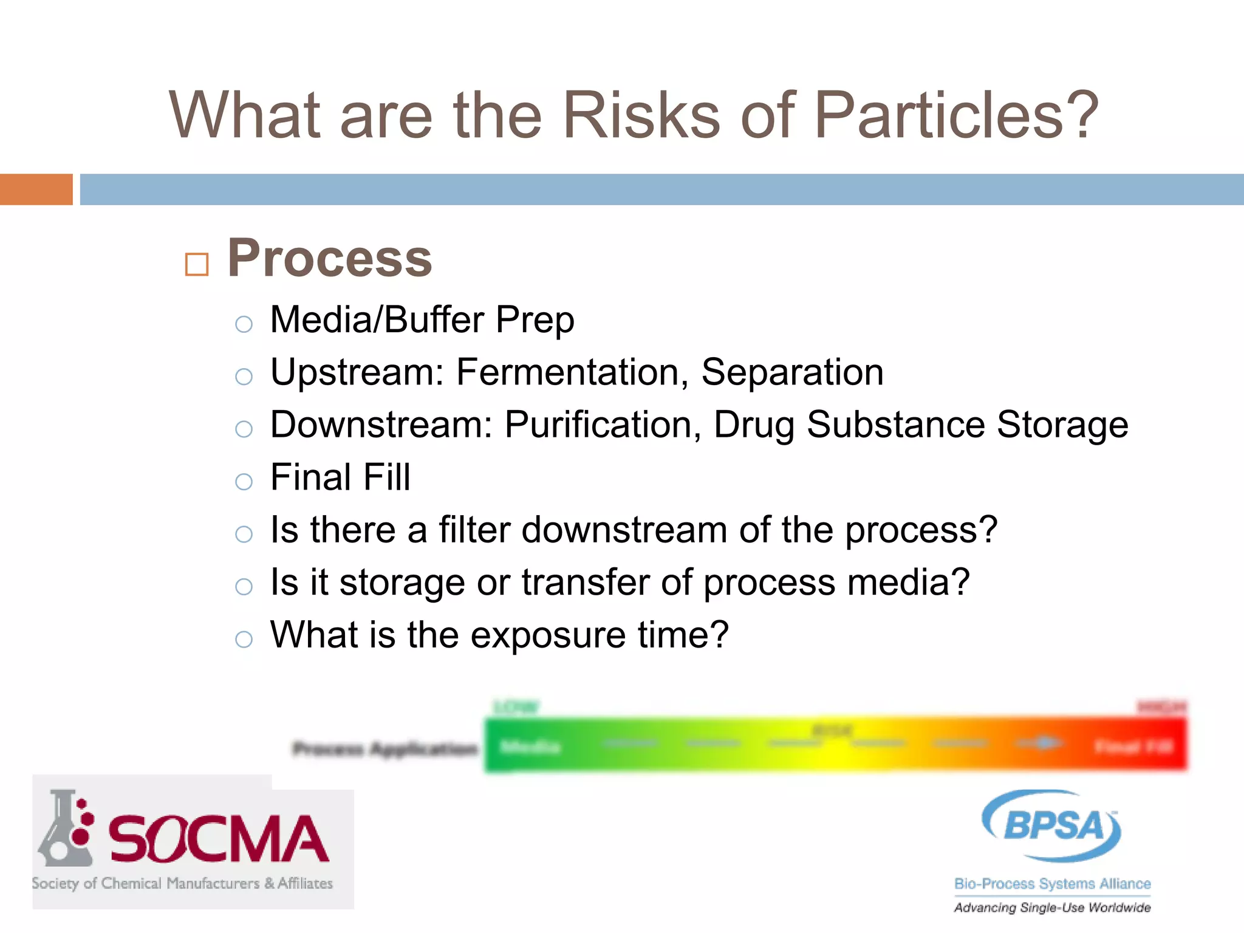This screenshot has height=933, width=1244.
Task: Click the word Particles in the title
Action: click(x=957, y=115)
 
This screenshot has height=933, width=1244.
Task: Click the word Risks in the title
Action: click(x=641, y=115)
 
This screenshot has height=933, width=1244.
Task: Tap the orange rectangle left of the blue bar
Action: click(x=36, y=190)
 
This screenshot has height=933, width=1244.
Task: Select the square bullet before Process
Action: click(x=197, y=265)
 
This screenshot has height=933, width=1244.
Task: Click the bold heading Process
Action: click(x=329, y=259)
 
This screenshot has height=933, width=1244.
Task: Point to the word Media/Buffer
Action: click(x=377, y=320)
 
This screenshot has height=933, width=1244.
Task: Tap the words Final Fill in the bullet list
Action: click(x=340, y=477)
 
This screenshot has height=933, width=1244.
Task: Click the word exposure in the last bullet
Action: click(x=548, y=635)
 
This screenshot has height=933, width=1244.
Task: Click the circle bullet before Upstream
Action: click(x=244, y=377)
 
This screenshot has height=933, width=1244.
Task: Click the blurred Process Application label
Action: click(x=384, y=749)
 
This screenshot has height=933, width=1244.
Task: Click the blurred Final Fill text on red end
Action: click(x=1133, y=747)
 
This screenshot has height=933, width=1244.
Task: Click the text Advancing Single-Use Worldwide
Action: click(x=1052, y=907)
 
